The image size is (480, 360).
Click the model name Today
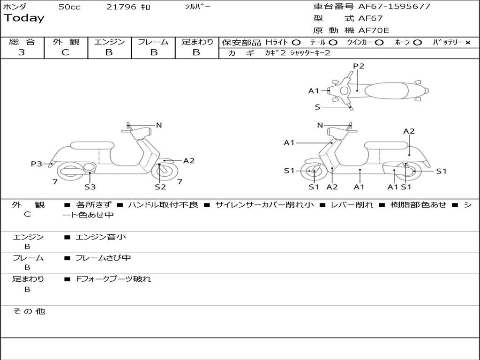tap(24, 18)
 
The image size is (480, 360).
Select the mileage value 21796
tap(121, 7)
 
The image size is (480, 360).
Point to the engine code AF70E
tap(374, 30)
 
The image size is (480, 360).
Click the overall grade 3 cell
tap(22, 52)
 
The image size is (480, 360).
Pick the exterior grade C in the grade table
tap(66, 52)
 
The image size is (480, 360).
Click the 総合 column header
tap(22, 42)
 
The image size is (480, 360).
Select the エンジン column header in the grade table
tap(110, 42)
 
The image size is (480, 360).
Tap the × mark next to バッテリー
tap(467, 42)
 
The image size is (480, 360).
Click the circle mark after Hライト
tap(296, 42)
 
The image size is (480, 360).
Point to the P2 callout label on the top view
tap(359, 66)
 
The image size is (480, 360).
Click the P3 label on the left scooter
tap(37, 164)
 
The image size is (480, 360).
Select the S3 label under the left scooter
tap(90, 187)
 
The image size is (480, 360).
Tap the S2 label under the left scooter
tap(160, 187)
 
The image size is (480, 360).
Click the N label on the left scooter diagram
tap(159, 125)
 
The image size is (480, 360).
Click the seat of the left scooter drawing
tap(92, 145)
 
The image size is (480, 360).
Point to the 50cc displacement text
tap(69, 7)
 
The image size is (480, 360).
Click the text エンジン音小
tap(101, 237)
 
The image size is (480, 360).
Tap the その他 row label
tap(29, 311)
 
